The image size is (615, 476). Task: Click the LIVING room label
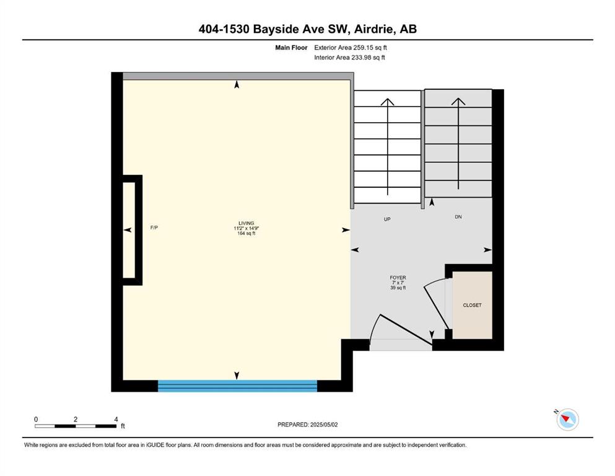(246, 223)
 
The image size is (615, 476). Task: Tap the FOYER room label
(398, 278)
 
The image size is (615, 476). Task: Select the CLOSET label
(472, 305)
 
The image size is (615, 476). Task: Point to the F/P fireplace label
(154, 227)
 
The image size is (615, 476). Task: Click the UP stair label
(387, 219)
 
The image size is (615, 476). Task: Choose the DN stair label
(458, 216)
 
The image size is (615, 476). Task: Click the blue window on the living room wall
(237, 386)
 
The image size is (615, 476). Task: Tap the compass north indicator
(567, 419)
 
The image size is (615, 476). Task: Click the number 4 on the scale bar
(116, 419)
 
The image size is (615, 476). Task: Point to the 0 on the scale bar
(36, 419)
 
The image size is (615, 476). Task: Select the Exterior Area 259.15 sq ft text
(351, 48)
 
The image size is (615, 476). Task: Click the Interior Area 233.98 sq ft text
(349, 57)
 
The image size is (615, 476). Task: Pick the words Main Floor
(291, 48)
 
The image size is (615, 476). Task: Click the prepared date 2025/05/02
(324, 425)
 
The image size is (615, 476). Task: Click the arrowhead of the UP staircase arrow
(388, 101)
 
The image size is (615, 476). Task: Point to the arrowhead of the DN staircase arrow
(458, 101)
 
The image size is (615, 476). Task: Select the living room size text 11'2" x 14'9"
(246, 228)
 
